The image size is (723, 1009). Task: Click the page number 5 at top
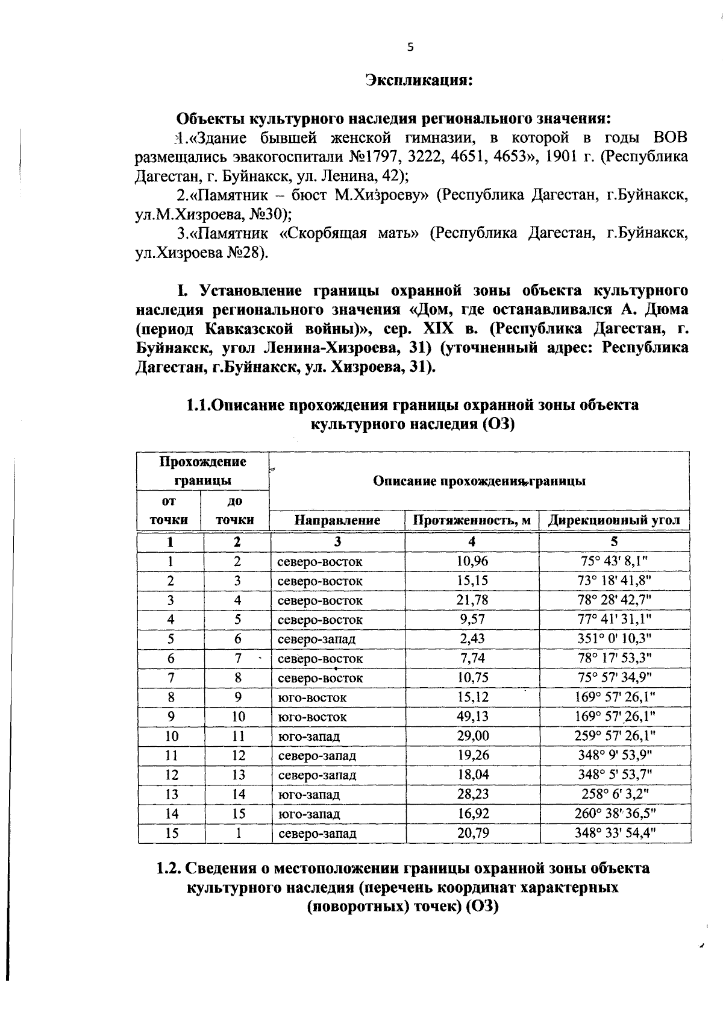pyautogui.click(x=410, y=48)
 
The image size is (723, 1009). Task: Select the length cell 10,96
pyautogui.click(x=472, y=561)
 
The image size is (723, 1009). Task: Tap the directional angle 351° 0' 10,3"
pyautogui.click(x=615, y=639)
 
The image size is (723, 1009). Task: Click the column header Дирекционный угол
pyautogui.click(x=614, y=520)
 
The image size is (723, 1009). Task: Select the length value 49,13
pyautogui.click(x=472, y=717)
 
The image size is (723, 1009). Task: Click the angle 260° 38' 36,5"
pyautogui.click(x=615, y=814)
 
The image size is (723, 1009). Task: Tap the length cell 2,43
pyautogui.click(x=472, y=639)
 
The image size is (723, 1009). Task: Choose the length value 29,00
pyautogui.click(x=472, y=736)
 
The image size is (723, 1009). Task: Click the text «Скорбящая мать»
pyautogui.click(x=349, y=234)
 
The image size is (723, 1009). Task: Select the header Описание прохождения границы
pyautogui.click(x=479, y=482)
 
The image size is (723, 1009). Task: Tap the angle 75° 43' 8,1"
pyautogui.click(x=615, y=561)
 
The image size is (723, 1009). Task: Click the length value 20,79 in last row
pyautogui.click(x=472, y=834)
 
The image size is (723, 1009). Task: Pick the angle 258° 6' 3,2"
pyautogui.click(x=615, y=794)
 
